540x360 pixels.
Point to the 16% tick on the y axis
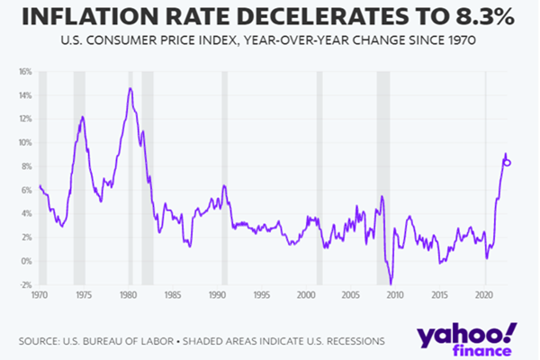(x=25, y=71)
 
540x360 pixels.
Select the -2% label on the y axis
(x=25, y=284)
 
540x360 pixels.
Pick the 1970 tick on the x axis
(x=39, y=294)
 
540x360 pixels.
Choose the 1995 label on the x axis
(x=262, y=294)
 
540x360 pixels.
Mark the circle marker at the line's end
(x=508, y=162)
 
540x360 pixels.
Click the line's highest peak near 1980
(x=130, y=88)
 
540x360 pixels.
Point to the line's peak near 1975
(x=83, y=117)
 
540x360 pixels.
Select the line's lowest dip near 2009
(x=391, y=283)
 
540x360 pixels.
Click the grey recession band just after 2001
(x=319, y=180)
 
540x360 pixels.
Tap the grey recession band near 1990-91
(x=224, y=180)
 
